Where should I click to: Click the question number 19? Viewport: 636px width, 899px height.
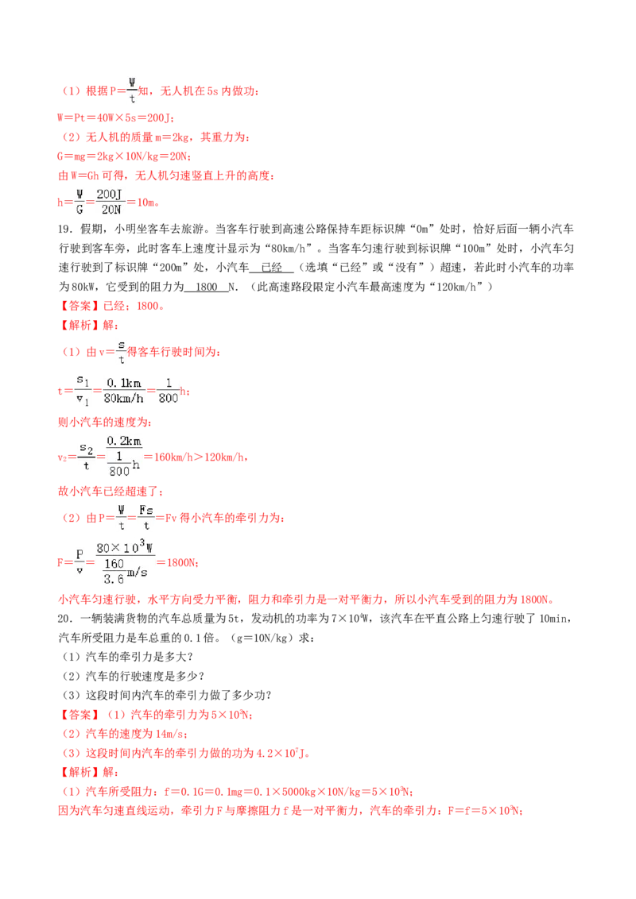click(65, 230)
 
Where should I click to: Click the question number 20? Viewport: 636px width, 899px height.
click(65, 619)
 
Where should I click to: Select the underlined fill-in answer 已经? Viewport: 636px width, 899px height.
click(272, 268)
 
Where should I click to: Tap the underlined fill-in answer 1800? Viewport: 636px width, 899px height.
click(207, 287)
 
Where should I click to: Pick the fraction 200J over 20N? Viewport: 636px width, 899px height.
click(110, 202)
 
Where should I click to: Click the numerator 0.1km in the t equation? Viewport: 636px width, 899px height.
click(123, 383)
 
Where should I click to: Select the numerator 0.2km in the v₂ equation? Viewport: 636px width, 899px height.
click(124, 441)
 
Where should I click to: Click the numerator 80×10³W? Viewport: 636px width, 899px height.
click(124, 547)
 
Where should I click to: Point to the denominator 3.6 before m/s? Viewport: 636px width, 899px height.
click(114, 579)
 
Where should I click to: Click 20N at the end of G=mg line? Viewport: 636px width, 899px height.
click(179, 156)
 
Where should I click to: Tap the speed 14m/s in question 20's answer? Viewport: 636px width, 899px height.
click(170, 734)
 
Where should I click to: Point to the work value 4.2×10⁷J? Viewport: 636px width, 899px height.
click(280, 753)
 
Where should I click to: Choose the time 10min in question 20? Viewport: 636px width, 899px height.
click(553, 619)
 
